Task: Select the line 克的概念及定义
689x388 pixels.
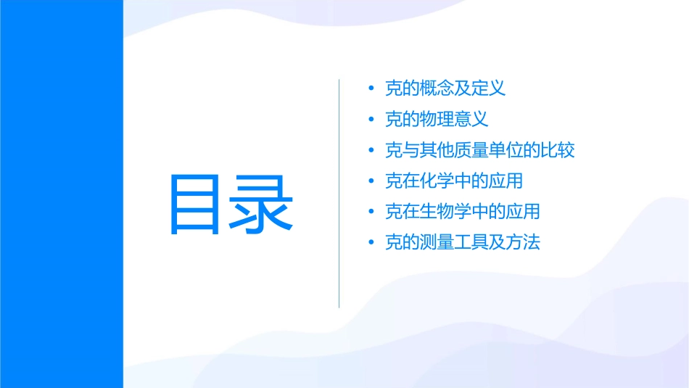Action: pos(445,88)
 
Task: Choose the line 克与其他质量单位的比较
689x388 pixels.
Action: pos(479,150)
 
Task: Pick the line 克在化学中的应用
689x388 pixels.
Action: pos(453,181)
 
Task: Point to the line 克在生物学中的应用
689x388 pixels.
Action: pos(462,212)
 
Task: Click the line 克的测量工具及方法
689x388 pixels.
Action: pos(462,242)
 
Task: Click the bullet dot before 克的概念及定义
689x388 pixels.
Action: pos(371,89)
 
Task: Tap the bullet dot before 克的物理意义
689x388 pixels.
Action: pos(371,120)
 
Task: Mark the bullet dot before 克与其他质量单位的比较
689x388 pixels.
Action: pos(371,151)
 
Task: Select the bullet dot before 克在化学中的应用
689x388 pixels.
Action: pos(371,181)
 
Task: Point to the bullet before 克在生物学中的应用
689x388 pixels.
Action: pos(371,212)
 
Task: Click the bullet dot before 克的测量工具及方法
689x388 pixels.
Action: pos(371,243)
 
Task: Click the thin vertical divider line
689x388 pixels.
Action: pos(339,194)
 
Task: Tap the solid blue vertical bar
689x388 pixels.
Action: pos(61,194)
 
